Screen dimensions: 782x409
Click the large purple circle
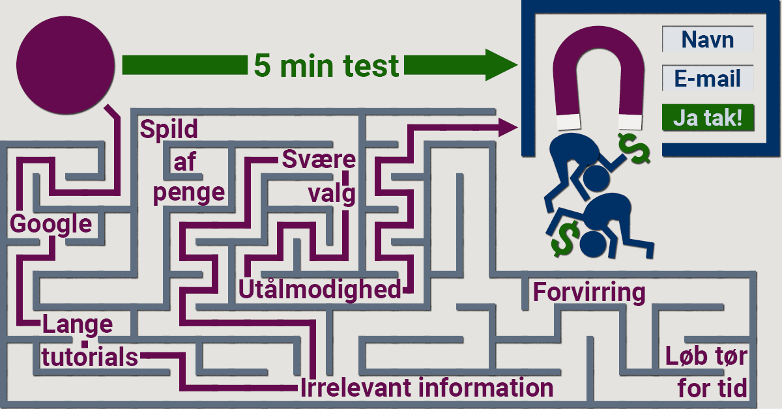66,65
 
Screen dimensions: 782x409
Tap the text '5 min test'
326,66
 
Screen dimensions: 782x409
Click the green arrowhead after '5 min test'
502,65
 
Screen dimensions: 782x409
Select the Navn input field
708,39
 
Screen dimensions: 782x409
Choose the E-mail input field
708,78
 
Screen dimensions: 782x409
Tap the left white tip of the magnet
568,122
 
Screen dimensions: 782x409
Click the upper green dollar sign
634,148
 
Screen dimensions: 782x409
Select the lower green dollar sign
565,239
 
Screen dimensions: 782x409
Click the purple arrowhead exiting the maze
508,127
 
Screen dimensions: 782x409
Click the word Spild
169,129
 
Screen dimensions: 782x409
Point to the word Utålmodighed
320,290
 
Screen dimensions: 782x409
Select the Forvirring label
589,292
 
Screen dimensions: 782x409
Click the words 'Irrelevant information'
427,388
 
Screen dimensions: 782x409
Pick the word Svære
319,160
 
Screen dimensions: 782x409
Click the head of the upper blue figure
596,178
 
